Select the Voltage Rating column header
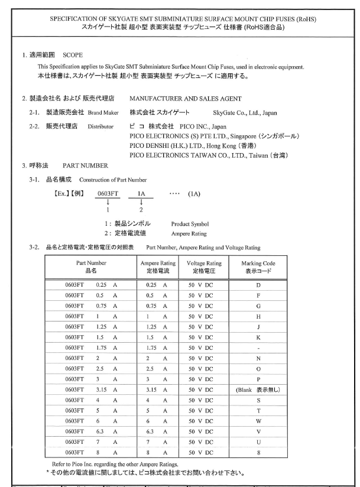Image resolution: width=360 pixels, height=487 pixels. pos(204,267)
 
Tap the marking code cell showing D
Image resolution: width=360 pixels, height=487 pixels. pos(258,284)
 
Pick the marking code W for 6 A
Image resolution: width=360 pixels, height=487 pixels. pos(258,421)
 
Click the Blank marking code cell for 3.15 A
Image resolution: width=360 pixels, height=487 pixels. pos(258,389)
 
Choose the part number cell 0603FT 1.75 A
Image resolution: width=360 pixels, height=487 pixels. pos(90,348)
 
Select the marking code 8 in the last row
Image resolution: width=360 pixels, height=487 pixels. pos(258,453)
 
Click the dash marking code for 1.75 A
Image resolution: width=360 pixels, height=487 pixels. pos(258,348)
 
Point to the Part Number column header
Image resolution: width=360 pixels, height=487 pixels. pos(90,267)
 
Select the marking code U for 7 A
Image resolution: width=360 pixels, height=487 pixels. pos(258,442)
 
